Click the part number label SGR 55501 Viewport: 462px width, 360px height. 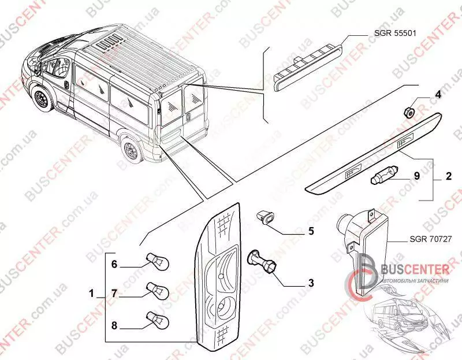(395, 33)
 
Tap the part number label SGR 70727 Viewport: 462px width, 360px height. (430, 239)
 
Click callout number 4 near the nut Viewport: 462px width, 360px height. (438, 95)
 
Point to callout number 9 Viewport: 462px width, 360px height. (417, 176)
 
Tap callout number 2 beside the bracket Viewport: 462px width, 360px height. (449, 176)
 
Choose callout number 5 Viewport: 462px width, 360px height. (311, 231)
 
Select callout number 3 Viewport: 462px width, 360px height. (311, 283)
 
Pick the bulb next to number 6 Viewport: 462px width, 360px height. (158, 261)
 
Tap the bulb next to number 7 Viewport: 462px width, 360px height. (158, 291)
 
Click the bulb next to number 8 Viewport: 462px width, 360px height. (158, 320)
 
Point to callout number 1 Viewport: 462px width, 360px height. (92, 294)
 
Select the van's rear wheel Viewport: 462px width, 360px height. (131, 151)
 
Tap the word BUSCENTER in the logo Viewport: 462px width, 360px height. (415, 269)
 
